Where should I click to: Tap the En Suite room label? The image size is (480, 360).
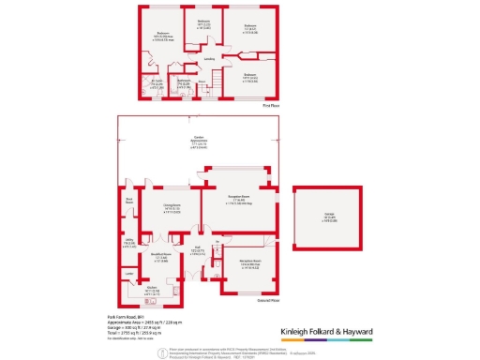pyautogui.click(x=157, y=82)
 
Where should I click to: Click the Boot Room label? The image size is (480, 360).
pyautogui.click(x=130, y=201)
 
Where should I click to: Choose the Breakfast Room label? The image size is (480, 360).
pyautogui.click(x=161, y=254)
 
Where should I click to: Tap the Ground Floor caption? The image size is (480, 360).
pyautogui.click(x=269, y=300)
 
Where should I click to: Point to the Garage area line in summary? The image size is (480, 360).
pyautogui.click(x=130, y=327)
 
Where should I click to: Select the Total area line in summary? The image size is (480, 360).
pyautogui.click(x=130, y=333)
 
